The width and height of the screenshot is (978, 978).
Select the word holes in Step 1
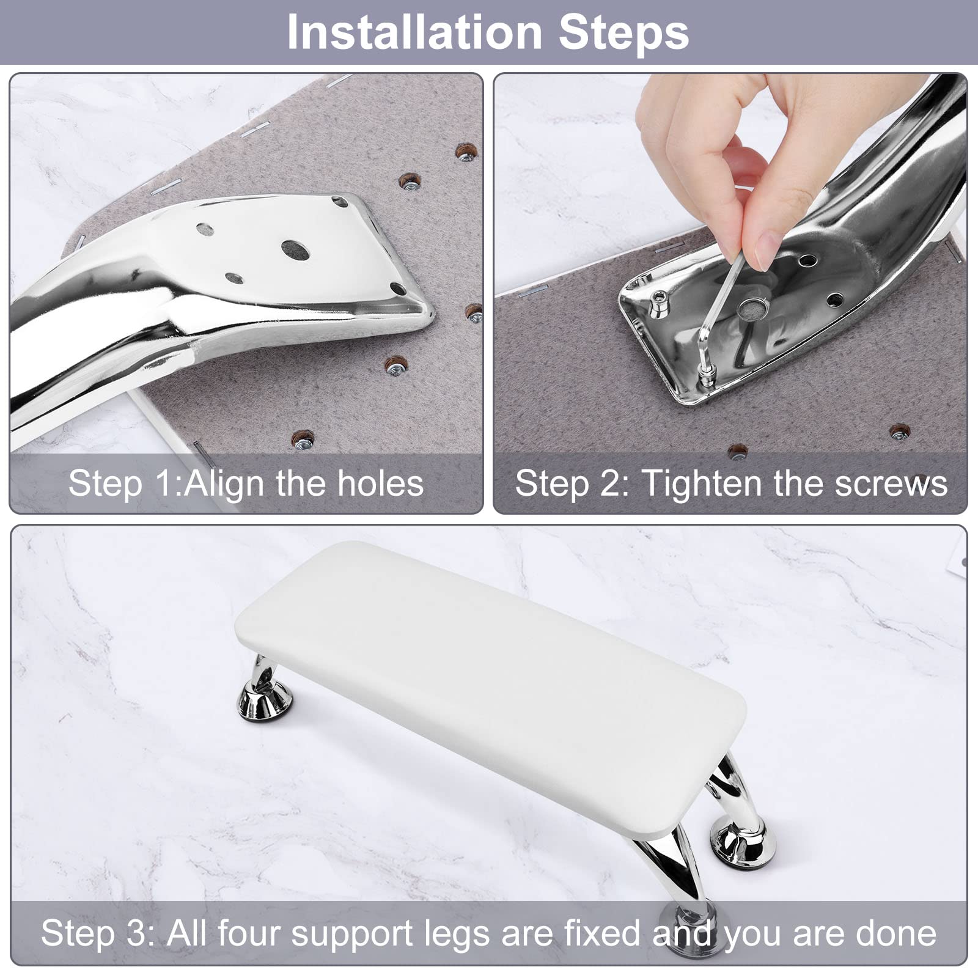click(381, 483)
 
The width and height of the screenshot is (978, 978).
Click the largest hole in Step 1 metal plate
click(295, 249)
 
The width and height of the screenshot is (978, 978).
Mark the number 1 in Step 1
click(167, 483)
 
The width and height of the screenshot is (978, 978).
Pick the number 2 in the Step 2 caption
click(614, 483)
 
